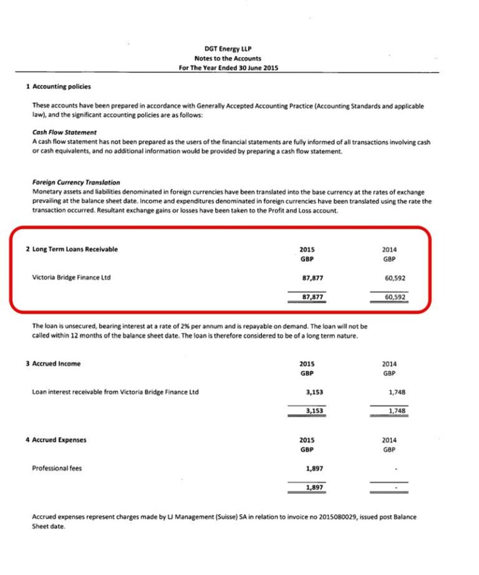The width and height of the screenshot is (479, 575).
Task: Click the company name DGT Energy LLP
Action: click(x=228, y=49)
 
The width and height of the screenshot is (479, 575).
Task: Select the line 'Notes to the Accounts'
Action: click(x=228, y=58)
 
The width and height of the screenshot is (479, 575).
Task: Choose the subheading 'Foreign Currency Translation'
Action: click(x=76, y=182)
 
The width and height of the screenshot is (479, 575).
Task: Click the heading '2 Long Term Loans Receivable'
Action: click(x=71, y=249)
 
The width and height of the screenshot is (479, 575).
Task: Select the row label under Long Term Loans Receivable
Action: click(x=71, y=277)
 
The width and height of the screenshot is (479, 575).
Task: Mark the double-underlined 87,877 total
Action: click(x=307, y=297)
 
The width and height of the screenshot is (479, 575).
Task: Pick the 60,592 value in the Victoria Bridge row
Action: click(x=396, y=278)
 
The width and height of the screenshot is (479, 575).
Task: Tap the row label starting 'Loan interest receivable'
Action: click(x=115, y=392)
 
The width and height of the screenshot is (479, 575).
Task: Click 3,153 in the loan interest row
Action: click(x=314, y=392)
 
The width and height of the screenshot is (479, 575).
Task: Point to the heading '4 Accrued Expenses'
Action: click(x=57, y=440)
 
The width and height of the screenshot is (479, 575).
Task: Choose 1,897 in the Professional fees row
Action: click(x=314, y=469)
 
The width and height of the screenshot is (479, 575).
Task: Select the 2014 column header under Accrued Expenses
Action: click(x=389, y=440)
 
